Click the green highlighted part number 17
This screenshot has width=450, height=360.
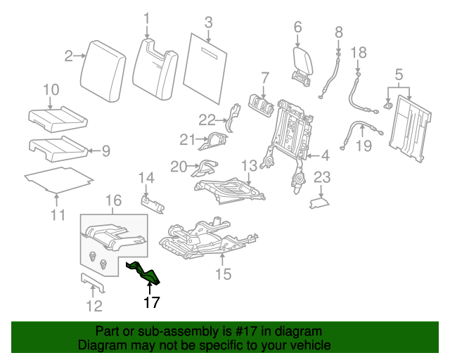tap(143, 273)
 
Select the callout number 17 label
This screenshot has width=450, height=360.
tap(152, 303)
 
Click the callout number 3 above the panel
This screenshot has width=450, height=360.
tap(209, 22)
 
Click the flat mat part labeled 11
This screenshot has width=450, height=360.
tap(60, 179)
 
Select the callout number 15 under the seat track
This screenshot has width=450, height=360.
tap(222, 274)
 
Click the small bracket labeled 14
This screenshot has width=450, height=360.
tap(153, 202)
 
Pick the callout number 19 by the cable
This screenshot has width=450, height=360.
tap(363, 146)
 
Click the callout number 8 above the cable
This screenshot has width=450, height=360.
tap(338, 32)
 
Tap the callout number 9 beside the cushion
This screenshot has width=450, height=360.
tap(105, 150)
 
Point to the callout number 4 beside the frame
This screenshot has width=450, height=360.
tap(325, 155)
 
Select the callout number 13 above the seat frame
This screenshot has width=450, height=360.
tap(249, 166)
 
